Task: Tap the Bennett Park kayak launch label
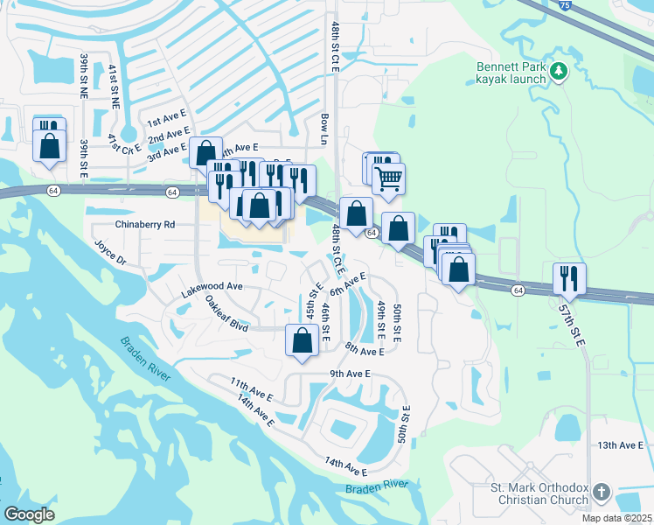point(511,72)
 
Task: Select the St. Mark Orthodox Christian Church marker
point(600,493)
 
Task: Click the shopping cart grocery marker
point(388,178)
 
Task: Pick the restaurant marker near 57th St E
point(570,279)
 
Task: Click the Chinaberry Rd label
point(144,225)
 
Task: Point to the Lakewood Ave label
point(210,286)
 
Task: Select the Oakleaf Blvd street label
point(227,312)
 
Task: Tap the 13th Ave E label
point(620,445)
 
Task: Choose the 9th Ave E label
point(351,374)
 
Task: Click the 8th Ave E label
point(365,350)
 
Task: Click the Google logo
point(29,514)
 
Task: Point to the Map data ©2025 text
point(616,518)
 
